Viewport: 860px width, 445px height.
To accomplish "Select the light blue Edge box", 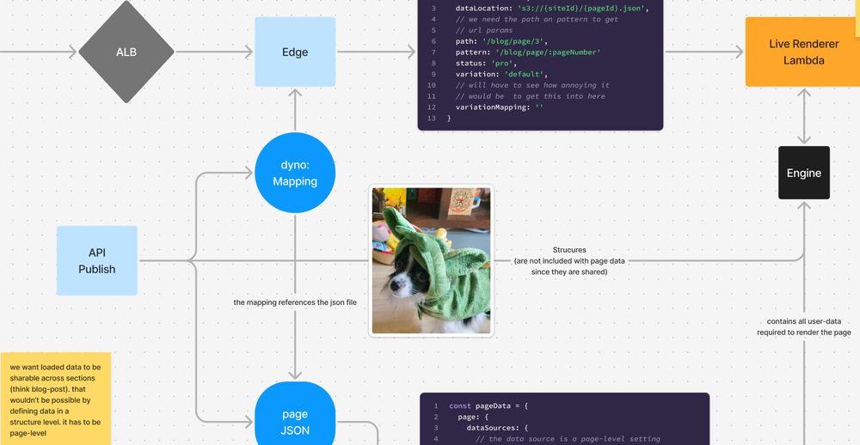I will click(295, 52).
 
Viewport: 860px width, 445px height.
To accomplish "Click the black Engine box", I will click(804, 173).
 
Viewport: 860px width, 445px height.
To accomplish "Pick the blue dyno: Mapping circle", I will click(295, 173).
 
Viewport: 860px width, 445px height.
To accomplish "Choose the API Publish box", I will click(96, 261).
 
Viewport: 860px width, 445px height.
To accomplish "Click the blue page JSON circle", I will click(295, 422).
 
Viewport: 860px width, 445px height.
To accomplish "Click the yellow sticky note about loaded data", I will click(55, 398).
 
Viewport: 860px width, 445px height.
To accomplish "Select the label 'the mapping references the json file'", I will click(295, 302).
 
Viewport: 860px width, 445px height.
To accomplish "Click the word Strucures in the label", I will click(569, 250).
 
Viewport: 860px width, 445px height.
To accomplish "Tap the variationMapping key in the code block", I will click(491, 107).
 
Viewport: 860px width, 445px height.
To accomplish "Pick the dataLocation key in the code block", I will click(484, 8).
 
